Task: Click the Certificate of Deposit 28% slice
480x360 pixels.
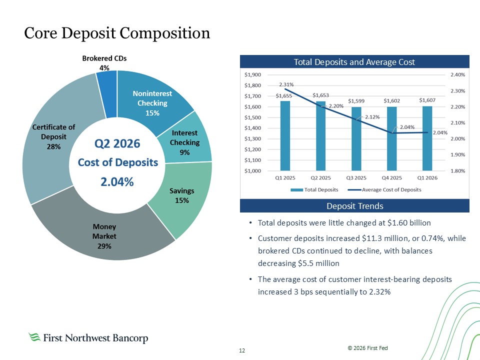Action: point(52,138)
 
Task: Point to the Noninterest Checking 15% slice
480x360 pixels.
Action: point(153,101)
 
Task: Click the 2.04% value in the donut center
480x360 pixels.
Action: point(117,182)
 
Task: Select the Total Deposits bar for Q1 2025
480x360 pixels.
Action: point(285,135)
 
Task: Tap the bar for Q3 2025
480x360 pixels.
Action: point(356,138)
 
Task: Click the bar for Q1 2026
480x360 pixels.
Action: point(427,138)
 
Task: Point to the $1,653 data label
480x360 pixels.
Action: point(320,95)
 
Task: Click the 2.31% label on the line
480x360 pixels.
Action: point(286,84)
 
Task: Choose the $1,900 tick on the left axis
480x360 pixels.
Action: point(252,74)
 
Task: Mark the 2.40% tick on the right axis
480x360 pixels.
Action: point(457,74)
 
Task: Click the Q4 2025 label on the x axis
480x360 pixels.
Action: point(392,178)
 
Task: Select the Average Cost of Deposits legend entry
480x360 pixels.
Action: point(384,190)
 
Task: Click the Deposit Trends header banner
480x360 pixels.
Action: point(354,205)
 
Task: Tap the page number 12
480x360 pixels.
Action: point(242,350)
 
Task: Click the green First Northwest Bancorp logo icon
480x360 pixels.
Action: point(34,337)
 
